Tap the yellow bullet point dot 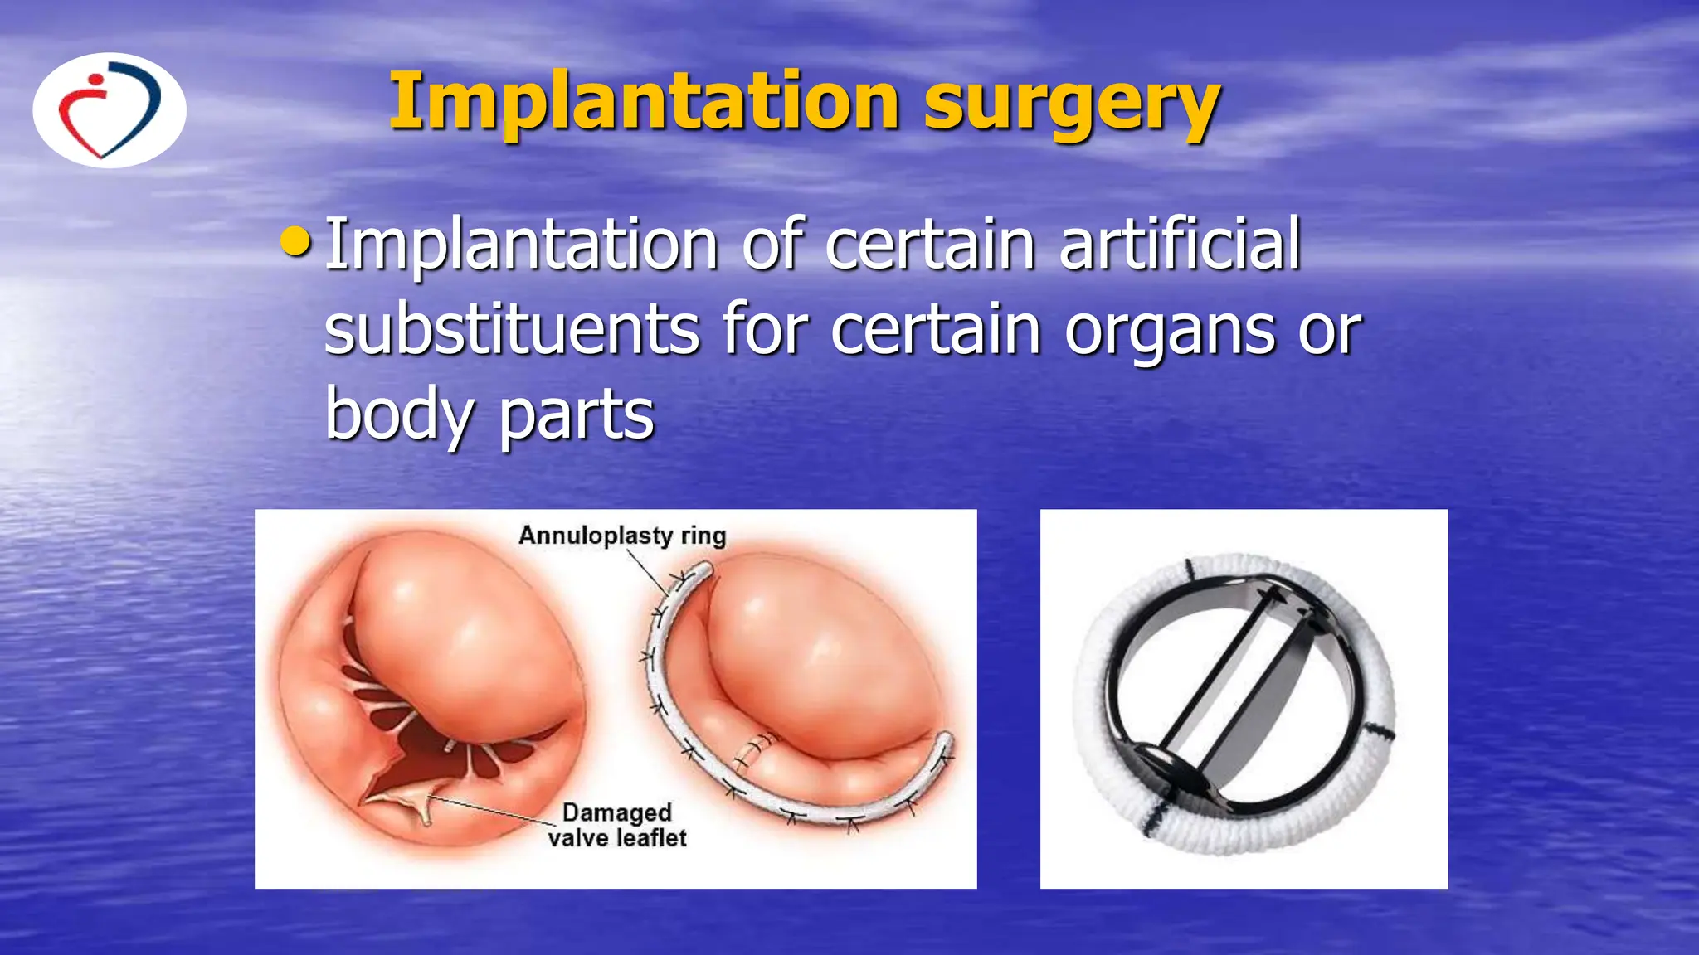[295, 242]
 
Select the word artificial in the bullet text [1180, 244]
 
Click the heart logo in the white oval [110, 110]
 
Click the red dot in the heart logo [97, 81]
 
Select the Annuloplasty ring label [622, 536]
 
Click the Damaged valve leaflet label [617, 825]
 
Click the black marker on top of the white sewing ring [1190, 570]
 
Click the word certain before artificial [930, 244]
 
